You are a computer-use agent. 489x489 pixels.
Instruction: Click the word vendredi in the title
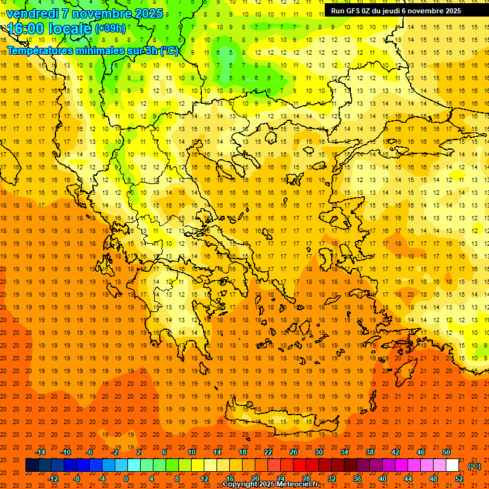[x=33, y=13]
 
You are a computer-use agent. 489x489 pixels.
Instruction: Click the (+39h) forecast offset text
[x=110, y=29]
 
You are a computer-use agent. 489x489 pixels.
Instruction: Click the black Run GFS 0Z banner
[x=395, y=11]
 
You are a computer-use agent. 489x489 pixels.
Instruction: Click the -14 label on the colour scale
[x=41, y=452]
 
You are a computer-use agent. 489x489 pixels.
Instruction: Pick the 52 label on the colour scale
[x=459, y=479]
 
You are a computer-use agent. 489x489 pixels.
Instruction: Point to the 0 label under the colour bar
[x=126, y=479]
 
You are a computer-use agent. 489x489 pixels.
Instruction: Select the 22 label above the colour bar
[x=268, y=452]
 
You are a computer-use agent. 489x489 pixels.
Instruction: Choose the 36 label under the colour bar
[x=357, y=479]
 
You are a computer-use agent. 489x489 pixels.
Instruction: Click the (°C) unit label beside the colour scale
[x=475, y=466]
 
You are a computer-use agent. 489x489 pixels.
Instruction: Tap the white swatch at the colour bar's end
[x=453, y=465]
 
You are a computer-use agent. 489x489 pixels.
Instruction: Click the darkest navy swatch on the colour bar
[x=32, y=465]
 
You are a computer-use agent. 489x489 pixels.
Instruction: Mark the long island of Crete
[x=280, y=420]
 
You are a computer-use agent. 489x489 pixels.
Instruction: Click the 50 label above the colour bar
[x=446, y=452]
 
